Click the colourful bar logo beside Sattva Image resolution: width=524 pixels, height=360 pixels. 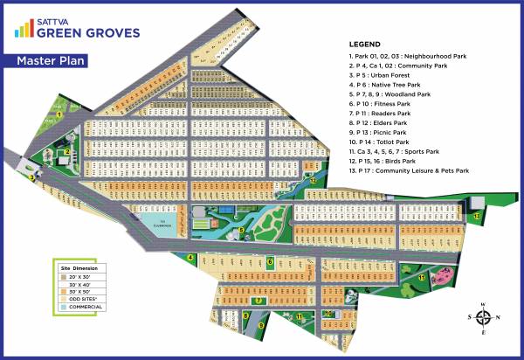click(24, 29)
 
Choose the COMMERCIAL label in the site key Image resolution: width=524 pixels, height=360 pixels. click(85, 307)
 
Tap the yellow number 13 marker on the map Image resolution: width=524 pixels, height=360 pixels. click(477, 214)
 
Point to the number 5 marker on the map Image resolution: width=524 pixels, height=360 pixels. click(242, 230)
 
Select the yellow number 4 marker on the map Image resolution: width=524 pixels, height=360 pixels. click(190, 257)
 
